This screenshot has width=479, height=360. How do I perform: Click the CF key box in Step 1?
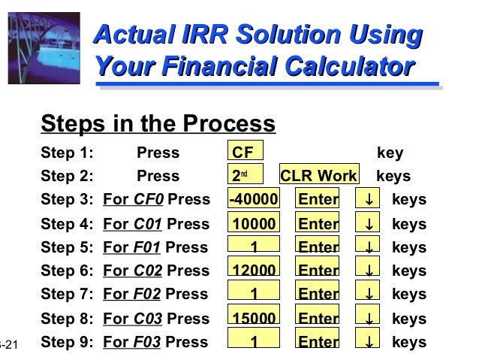click(x=246, y=153)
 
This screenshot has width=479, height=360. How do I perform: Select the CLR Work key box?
click(x=318, y=176)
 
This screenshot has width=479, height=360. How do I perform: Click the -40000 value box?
click(x=254, y=199)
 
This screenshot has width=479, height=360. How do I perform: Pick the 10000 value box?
click(x=254, y=223)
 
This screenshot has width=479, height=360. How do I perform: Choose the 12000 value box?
click(x=254, y=271)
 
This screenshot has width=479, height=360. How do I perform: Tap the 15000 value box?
click(x=254, y=318)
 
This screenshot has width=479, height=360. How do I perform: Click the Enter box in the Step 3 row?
click(x=318, y=199)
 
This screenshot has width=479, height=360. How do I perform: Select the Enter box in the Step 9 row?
click(x=318, y=342)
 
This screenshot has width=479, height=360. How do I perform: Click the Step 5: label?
click(x=68, y=247)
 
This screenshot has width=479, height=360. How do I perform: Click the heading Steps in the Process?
click(x=158, y=123)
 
